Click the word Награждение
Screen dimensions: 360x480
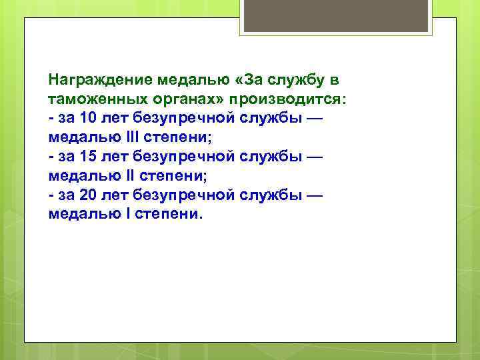[x=101, y=81]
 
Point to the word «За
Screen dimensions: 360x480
[x=247, y=81]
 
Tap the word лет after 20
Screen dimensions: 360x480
[x=115, y=196]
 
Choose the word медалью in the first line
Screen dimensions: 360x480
[x=194, y=81]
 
